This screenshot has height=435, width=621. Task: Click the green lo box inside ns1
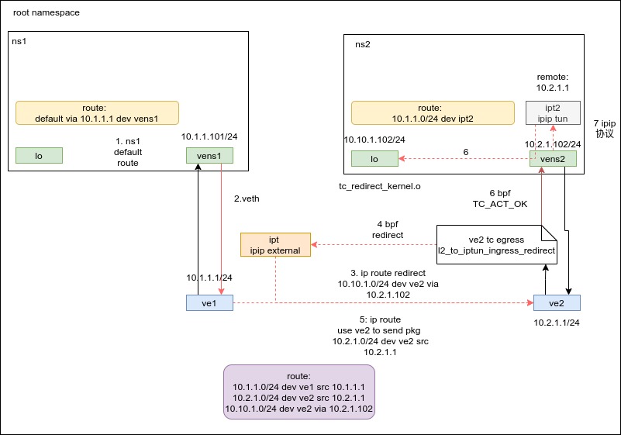pyautogui.click(x=39, y=156)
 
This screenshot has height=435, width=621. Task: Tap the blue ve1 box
pyautogui.click(x=209, y=303)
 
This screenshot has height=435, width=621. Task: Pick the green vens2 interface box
pyautogui.click(x=553, y=159)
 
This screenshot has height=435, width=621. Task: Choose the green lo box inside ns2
pyautogui.click(x=374, y=159)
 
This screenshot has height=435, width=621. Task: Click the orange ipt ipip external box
pyautogui.click(x=275, y=244)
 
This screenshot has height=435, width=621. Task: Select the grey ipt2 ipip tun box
pyautogui.click(x=553, y=112)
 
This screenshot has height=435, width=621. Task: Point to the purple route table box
pyautogui.click(x=299, y=392)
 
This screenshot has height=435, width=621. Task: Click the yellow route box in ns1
pyautogui.click(x=97, y=113)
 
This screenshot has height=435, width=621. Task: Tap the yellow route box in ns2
pyautogui.click(x=433, y=113)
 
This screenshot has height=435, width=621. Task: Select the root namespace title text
pyautogui.click(x=47, y=13)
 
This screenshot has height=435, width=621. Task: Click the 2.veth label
pyautogui.click(x=247, y=199)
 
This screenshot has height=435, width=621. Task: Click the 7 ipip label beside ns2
pyautogui.click(x=605, y=129)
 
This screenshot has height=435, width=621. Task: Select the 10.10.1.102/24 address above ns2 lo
pyautogui.click(x=374, y=140)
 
